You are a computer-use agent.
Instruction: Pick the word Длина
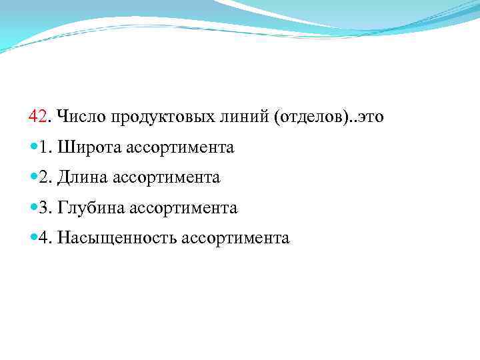coord(84,178)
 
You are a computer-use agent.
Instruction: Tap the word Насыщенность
coord(117,239)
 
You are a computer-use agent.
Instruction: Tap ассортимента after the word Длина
coord(167,178)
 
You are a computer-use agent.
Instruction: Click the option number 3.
coord(45,208)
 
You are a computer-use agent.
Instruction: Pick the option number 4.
coord(45,239)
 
